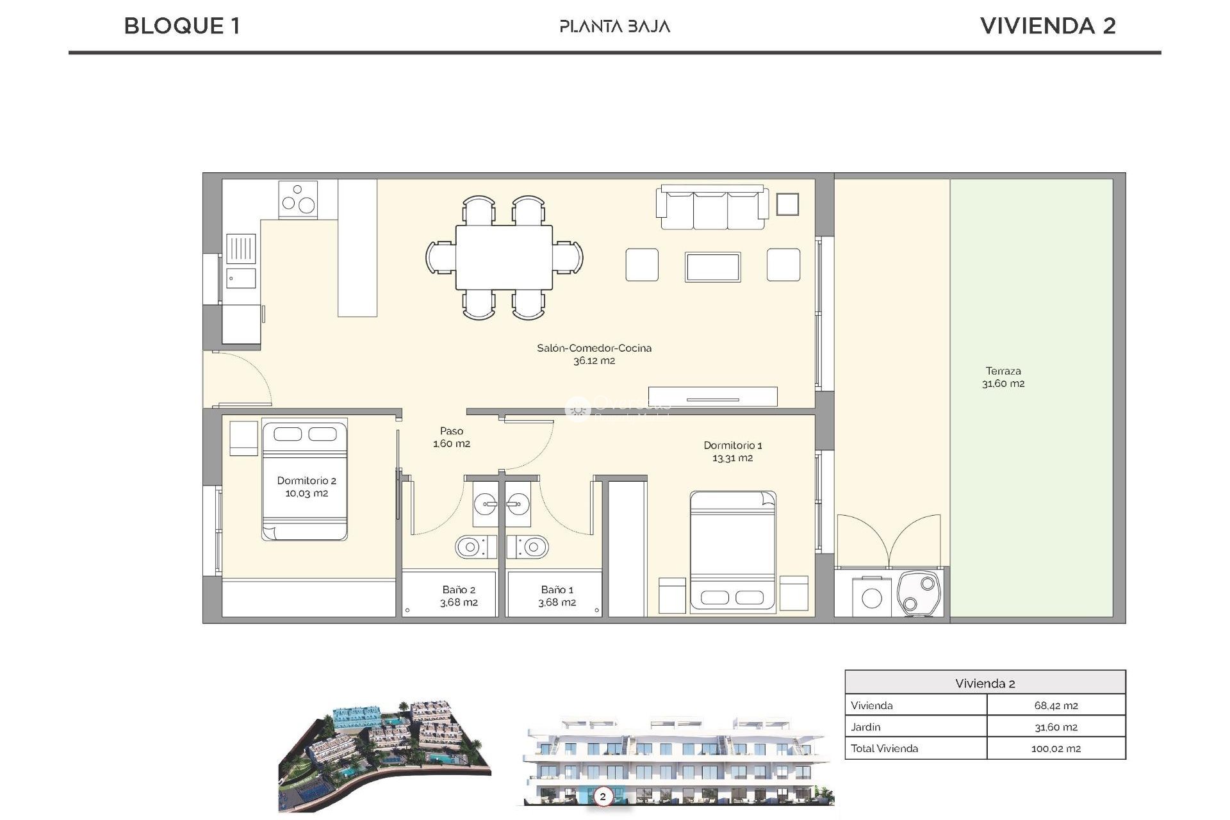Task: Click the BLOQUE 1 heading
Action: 182,26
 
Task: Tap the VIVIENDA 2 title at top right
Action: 1047,26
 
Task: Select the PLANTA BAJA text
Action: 614,26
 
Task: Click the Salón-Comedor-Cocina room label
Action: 594,354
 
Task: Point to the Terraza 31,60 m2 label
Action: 1003,377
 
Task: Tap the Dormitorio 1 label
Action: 732,451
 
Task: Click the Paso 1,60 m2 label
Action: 451,437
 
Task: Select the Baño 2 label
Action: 459,596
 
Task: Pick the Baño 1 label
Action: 557,596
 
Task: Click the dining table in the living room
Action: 504,257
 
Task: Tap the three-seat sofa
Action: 712,208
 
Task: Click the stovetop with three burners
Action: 298,199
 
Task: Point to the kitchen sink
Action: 241,249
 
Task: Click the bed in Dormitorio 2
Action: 304,480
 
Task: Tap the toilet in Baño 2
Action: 475,547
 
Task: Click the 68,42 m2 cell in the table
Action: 1055,705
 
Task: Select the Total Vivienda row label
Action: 884,748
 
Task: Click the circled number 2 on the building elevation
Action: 602,797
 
